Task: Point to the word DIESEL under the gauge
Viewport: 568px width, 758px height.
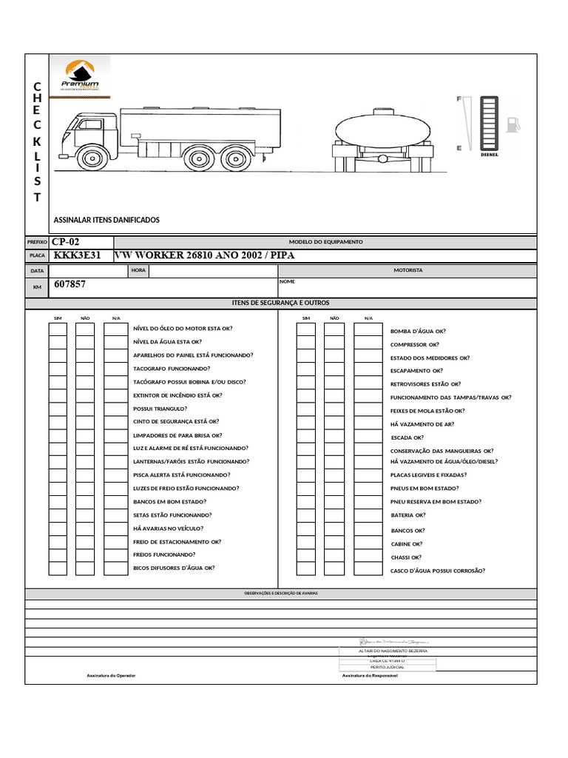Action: [x=490, y=155]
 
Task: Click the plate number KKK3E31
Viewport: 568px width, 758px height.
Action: [x=77, y=255]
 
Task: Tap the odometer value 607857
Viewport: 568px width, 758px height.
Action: [x=70, y=284]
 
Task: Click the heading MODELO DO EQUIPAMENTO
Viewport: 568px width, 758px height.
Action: [x=325, y=242]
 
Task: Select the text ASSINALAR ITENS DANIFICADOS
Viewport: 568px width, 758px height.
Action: [x=106, y=220]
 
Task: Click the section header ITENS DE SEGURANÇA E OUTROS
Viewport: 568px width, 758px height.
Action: [x=280, y=303]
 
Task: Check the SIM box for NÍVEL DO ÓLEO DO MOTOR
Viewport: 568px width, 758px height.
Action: [x=58, y=329]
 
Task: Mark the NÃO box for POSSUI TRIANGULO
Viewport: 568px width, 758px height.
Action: [x=85, y=409]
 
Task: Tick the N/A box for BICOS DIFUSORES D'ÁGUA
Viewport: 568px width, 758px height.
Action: [x=115, y=568]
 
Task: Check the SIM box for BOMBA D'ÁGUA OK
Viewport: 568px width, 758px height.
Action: [x=305, y=329]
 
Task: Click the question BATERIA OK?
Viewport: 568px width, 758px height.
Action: [x=408, y=514]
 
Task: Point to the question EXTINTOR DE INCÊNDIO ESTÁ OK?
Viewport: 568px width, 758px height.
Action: [x=177, y=395]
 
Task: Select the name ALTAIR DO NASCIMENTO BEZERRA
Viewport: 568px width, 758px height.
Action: [x=388, y=651]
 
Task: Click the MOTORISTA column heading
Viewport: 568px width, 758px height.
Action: [x=408, y=271]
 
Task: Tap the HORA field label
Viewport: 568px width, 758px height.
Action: [x=138, y=271]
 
